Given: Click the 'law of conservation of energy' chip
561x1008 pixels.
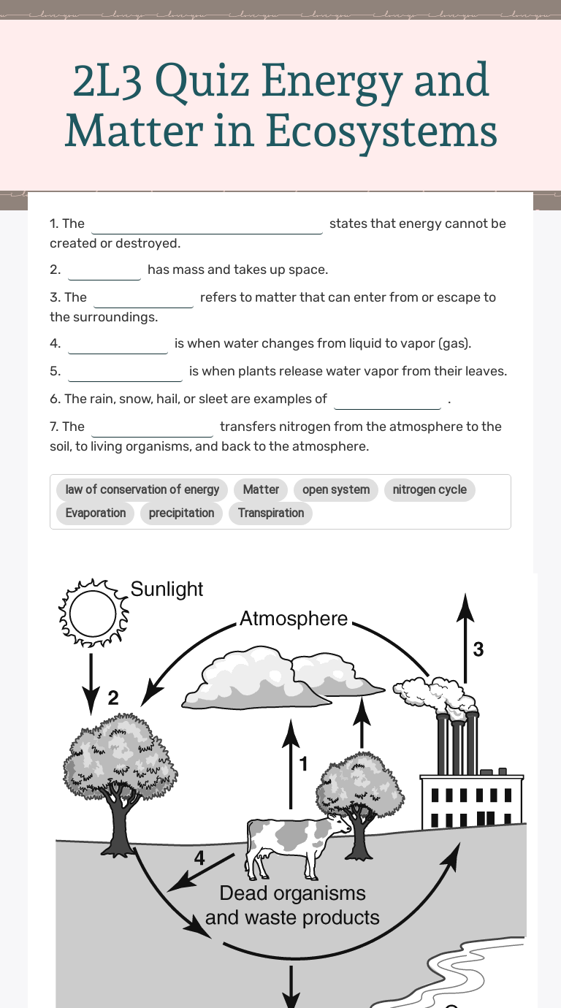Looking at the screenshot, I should [142, 489].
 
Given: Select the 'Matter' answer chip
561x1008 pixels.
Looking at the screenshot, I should [261, 489].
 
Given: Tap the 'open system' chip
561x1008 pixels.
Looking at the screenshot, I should [336, 489].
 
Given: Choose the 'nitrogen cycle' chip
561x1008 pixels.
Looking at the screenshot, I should [430, 489].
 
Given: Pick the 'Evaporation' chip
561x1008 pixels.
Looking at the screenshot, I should [96, 513].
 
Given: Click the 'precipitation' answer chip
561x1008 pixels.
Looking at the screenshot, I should [181, 513].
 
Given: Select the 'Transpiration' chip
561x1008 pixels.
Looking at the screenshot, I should [271, 513].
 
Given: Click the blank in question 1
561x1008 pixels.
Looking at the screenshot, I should [207, 225].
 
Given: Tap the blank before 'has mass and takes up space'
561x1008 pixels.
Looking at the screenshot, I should [104, 271].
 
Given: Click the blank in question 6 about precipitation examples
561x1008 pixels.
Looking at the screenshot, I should [387, 400].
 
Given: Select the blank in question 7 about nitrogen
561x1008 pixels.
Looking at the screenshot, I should [152, 428].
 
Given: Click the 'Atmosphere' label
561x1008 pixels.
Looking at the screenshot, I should [294, 619].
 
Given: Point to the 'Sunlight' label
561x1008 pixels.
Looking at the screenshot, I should [167, 589].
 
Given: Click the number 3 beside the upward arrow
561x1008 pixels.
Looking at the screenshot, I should [478, 649].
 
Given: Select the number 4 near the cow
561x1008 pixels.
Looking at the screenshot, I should [199, 858].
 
